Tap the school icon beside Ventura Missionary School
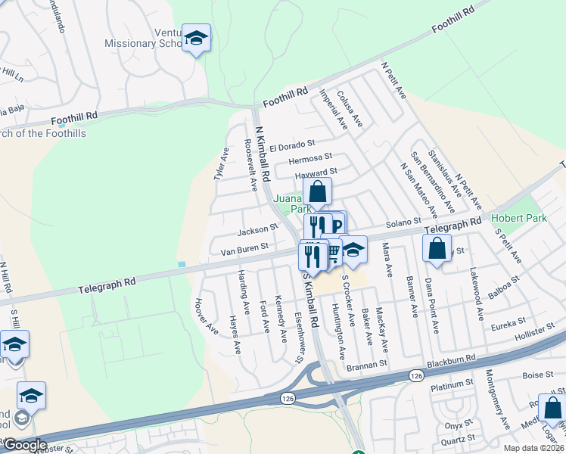tap(197, 39)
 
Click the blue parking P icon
tap(336, 224)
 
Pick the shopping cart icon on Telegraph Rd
tap(332, 254)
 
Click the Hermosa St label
tap(310, 158)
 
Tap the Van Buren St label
tap(244, 247)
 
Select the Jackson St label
tap(258, 229)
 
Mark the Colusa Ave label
tap(350, 109)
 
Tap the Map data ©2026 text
tap(533, 448)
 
